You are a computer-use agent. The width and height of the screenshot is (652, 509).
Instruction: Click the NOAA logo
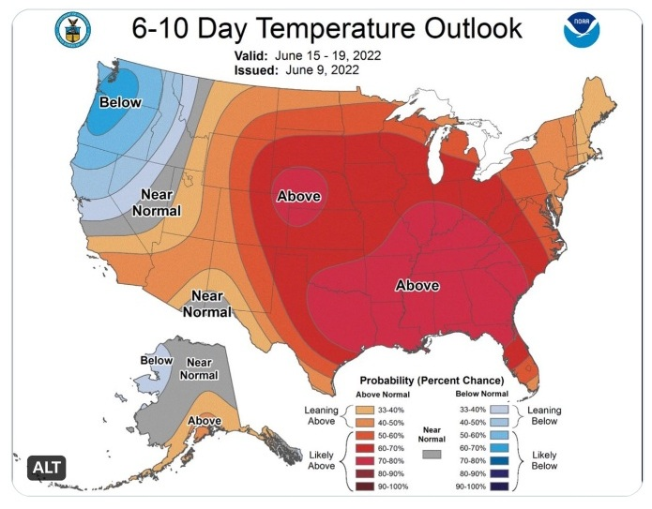582,31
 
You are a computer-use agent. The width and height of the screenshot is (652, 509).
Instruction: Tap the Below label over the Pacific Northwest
121,101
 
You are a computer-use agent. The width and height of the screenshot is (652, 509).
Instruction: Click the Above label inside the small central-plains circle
299,196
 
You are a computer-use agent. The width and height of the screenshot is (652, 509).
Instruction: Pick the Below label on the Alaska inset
157,360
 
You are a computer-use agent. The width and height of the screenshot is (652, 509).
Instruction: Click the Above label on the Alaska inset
205,421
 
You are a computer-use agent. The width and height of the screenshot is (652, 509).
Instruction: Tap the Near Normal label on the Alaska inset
199,368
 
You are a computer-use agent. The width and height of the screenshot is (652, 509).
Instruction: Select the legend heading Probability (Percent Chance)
433,380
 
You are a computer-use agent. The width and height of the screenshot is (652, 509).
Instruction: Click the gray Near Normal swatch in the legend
432,454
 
